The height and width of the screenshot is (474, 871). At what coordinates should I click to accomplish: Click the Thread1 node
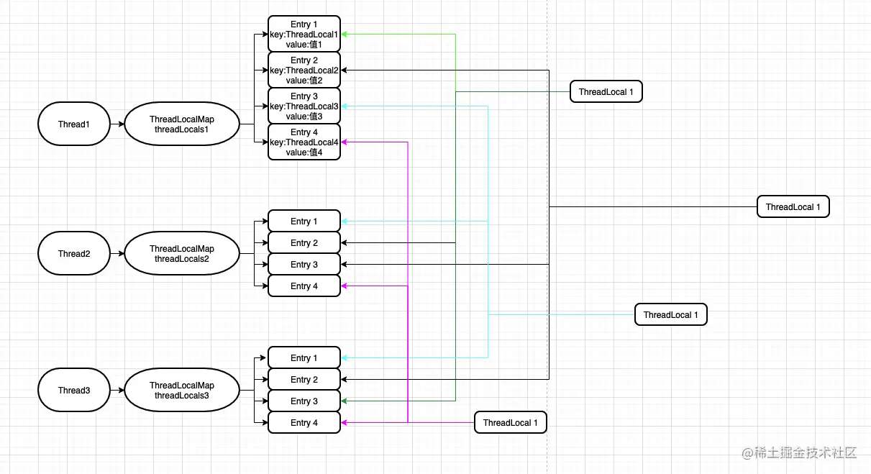tap(73, 124)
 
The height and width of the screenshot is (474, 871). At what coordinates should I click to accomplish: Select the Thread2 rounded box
tap(73, 253)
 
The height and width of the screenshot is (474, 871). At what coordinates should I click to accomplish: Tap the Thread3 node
tap(73, 390)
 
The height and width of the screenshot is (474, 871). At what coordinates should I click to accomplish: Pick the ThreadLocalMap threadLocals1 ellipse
tap(181, 124)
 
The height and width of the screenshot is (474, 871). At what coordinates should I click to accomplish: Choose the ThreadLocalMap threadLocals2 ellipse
tap(181, 253)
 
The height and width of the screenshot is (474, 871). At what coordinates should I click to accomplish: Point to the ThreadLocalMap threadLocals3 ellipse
tap(181, 390)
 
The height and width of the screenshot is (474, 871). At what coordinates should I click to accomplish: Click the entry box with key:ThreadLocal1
tap(304, 34)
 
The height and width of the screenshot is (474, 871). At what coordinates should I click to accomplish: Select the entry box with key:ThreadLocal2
tap(304, 70)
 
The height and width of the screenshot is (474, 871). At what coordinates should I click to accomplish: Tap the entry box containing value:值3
tap(304, 106)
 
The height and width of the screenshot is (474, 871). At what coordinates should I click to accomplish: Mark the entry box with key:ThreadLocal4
tap(304, 142)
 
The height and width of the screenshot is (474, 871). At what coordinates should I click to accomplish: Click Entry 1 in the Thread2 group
tap(304, 221)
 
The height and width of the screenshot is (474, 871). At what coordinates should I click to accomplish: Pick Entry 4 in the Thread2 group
tap(304, 286)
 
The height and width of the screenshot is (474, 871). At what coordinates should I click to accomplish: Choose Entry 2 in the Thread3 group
tap(304, 379)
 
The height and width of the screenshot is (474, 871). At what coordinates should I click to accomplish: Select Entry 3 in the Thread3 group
tap(304, 401)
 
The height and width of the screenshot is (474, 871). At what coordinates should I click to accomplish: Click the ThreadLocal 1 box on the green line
tap(606, 91)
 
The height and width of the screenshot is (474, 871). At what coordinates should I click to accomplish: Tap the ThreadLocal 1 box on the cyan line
tap(670, 314)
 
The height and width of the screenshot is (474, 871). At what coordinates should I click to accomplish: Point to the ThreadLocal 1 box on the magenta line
tap(510, 422)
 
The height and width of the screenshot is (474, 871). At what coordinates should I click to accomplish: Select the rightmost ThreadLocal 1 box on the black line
tap(793, 206)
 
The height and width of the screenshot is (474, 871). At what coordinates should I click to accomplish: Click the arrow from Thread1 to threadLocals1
tap(117, 124)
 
